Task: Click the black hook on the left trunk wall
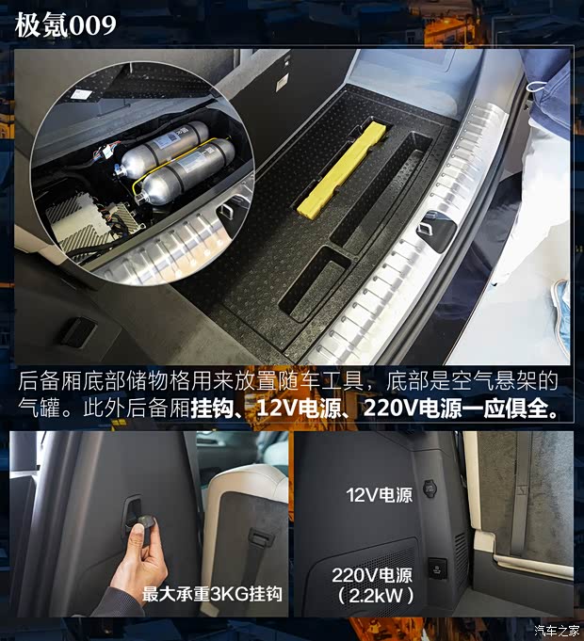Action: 79,330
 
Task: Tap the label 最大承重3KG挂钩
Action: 212,594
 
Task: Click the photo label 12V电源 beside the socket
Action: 379,494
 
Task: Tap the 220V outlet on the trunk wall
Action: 437,567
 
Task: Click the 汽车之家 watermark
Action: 554,630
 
